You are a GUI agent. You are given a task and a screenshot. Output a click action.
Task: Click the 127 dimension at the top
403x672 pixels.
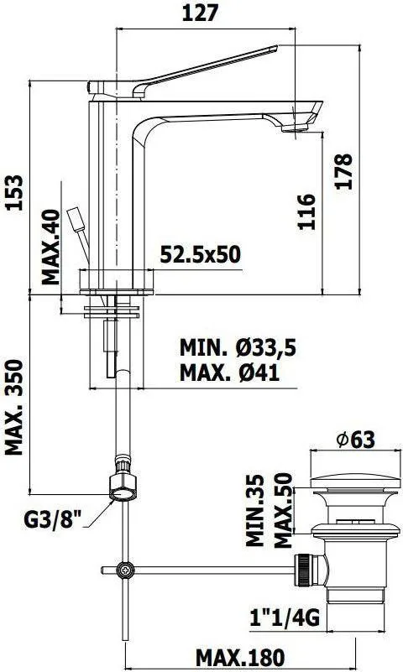200,13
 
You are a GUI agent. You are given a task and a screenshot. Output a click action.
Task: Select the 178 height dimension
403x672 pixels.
344,171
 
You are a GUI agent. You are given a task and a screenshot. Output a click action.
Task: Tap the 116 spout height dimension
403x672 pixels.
306,211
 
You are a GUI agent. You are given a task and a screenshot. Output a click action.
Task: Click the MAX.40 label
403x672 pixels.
51,247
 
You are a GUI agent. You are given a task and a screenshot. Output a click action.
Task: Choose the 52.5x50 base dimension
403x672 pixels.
200,254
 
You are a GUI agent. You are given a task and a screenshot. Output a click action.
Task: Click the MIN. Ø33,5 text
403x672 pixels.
238,347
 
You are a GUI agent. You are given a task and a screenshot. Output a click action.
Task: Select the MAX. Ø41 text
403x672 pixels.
229,372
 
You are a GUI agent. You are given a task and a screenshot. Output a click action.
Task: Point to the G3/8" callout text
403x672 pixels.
53,520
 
